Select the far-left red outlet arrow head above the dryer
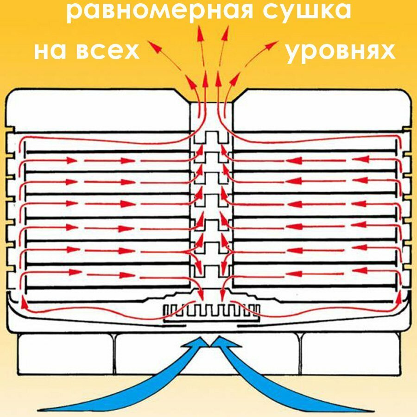(x=152, y=45)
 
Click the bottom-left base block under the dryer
(x=65, y=354)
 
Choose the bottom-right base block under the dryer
(x=350, y=354)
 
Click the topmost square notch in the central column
(x=211, y=137)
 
